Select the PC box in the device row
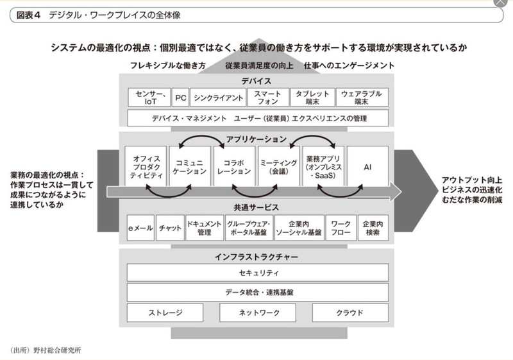coord(180,97)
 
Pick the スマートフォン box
coord(264,97)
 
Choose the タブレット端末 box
coord(312,97)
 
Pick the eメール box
coord(140,228)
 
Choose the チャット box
coord(170,228)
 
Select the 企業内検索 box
coord(373,228)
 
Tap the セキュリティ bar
coord(258,272)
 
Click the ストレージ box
coord(165,313)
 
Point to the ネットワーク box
coord(258,313)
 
